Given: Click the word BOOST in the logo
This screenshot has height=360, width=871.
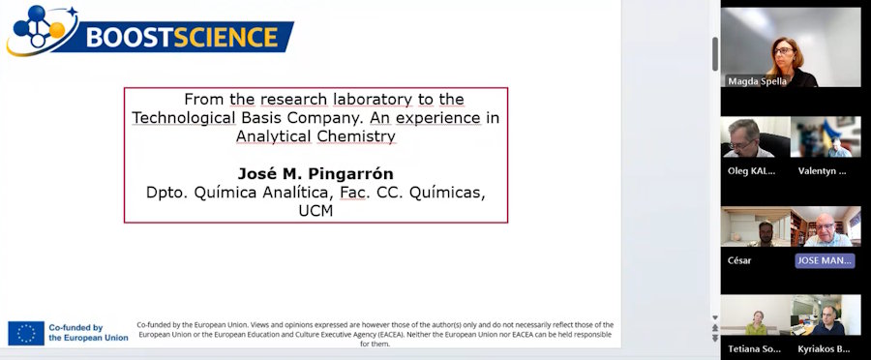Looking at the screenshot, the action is point(130,37).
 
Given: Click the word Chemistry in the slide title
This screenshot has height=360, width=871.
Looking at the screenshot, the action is point(356,136).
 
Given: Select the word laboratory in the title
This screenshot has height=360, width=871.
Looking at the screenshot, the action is point(373,100).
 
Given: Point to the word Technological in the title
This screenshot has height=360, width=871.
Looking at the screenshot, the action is point(184,118).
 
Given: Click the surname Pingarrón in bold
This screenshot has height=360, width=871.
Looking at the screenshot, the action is point(350,174).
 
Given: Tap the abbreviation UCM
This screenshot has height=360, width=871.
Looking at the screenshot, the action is point(315,211).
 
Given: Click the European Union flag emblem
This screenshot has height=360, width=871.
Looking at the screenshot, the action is point(26,333).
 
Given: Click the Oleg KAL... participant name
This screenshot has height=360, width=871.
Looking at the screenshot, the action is point(751,171).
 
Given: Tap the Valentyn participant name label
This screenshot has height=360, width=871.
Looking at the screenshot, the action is point(822,171).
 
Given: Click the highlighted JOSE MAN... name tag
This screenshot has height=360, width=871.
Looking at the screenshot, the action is point(825,260).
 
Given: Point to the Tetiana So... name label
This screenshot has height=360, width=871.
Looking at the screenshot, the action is point(754,349).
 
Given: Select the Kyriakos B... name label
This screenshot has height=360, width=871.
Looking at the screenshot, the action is point(825,349).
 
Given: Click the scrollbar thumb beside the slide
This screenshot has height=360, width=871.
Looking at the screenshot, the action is point(715,54).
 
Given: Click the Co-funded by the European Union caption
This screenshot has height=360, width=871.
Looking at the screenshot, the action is point(88,333).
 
